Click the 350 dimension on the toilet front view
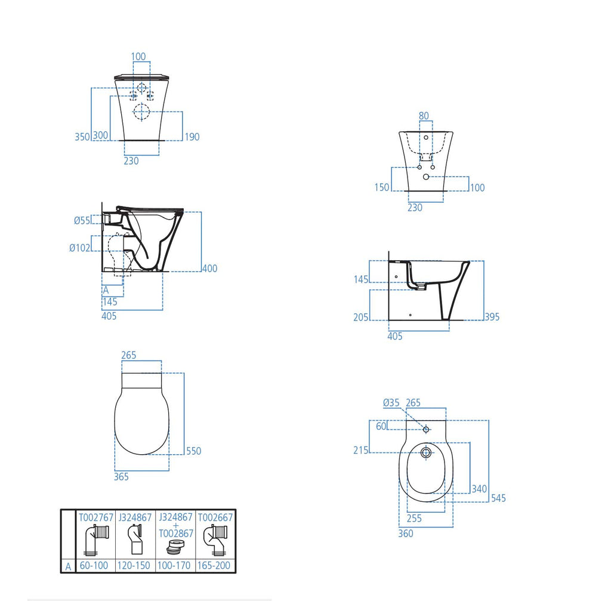[82, 136]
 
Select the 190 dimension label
[192, 137]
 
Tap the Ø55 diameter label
[82, 220]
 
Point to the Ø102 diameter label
[79, 248]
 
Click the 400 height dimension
[209, 269]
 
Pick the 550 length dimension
[193, 451]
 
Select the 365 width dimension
[121, 476]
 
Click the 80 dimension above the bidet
[424, 116]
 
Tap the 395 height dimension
[492, 317]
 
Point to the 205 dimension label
[361, 317]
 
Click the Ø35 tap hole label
[391, 403]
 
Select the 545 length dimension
[498, 498]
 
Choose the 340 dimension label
[479, 489]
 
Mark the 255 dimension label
[413, 519]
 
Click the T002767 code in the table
[96, 517]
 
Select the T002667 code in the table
[215, 517]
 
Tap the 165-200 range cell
[215, 565]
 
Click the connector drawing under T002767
[96, 541]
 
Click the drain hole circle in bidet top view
[426, 452]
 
